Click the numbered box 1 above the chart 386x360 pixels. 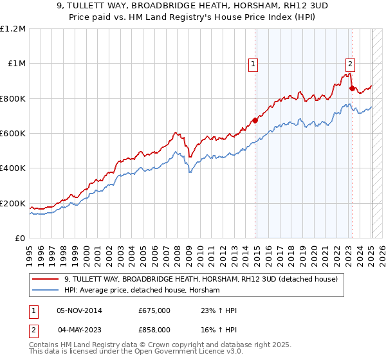pos(253,64)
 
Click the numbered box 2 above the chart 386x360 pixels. pos(350,64)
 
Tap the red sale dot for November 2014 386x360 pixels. pos(255,120)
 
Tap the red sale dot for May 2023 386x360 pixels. pos(352,88)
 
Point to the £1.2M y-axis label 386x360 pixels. pos(13,29)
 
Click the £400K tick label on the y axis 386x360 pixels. pos(13,168)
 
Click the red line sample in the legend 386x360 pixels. pos(46,279)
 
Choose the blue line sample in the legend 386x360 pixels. pos(46,291)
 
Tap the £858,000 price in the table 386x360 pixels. pos(154,330)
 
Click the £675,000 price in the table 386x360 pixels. pos(154,310)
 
